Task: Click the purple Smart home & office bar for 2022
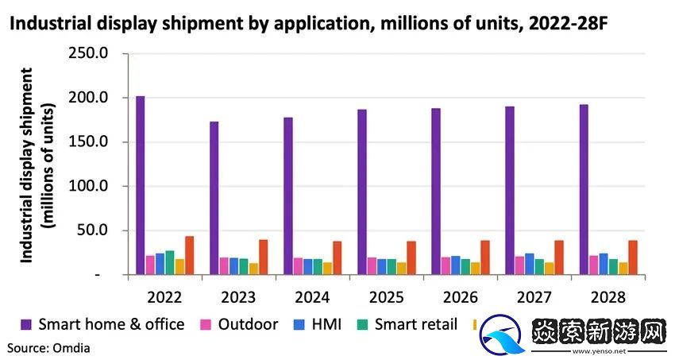pyautogui.click(x=141, y=185)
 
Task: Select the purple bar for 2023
pyautogui.click(x=214, y=198)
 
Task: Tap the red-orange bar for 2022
pyautogui.click(x=189, y=255)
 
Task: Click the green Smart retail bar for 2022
pyautogui.click(x=170, y=262)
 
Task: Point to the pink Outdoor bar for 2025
pyautogui.click(x=372, y=265)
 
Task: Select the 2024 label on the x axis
pyautogui.click(x=312, y=297)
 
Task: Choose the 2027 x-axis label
pyautogui.click(x=534, y=297)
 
